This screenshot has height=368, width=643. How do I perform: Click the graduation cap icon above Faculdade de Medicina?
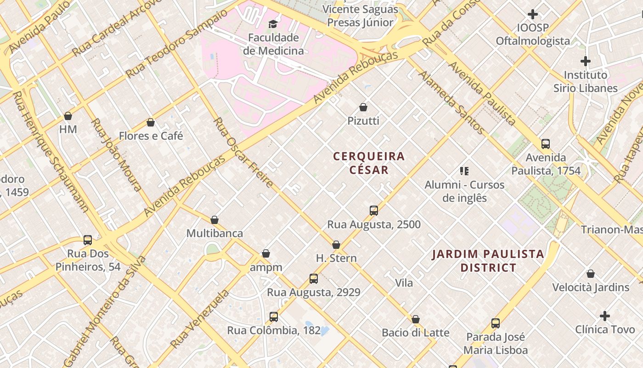(x=273, y=24)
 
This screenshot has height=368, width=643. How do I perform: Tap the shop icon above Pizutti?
(x=363, y=107)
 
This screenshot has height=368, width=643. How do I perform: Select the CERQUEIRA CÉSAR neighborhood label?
(x=369, y=163)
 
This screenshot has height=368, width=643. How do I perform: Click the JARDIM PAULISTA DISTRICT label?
(x=488, y=260)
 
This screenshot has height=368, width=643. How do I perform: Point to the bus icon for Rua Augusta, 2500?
(x=374, y=211)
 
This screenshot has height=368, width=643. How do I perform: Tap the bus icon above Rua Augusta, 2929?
(x=314, y=278)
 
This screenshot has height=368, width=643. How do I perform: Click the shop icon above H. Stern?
(x=336, y=245)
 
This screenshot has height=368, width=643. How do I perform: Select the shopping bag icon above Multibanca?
(x=214, y=220)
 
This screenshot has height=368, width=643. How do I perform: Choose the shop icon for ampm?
(x=266, y=253)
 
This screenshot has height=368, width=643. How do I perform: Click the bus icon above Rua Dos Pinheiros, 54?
(x=88, y=240)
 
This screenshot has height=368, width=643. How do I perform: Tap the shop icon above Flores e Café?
(x=151, y=122)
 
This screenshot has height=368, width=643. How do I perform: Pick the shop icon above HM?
(x=68, y=116)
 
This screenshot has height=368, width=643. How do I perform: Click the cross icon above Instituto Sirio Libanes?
(x=585, y=61)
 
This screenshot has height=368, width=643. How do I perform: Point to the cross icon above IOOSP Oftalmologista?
(x=533, y=14)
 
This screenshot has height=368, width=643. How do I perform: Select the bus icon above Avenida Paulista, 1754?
(x=546, y=144)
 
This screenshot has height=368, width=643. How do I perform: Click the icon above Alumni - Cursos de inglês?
(x=464, y=171)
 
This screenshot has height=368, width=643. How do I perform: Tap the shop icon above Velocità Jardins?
(x=591, y=274)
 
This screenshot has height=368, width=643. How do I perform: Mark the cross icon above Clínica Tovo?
(x=605, y=316)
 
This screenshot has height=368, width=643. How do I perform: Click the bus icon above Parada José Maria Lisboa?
(x=496, y=323)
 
